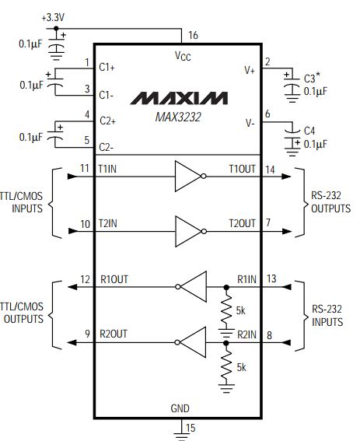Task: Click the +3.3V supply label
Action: pos(53,18)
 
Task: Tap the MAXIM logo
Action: pos(179,99)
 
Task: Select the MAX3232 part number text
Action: pos(178,117)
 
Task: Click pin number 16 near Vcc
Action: pos(194,35)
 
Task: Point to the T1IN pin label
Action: pos(107,169)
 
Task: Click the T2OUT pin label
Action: pos(242,223)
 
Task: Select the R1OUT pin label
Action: pos(114,279)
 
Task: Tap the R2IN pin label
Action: pos(247,334)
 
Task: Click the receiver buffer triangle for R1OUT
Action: pos(191,286)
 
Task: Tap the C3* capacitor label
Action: pos(312,78)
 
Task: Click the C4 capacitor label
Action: pos(309,131)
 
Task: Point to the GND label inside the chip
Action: pos(180,408)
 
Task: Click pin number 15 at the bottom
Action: pos(190,428)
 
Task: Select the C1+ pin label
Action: pos(107,68)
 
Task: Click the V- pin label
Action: pos(250,123)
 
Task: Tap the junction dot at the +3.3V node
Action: pos(56,29)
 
